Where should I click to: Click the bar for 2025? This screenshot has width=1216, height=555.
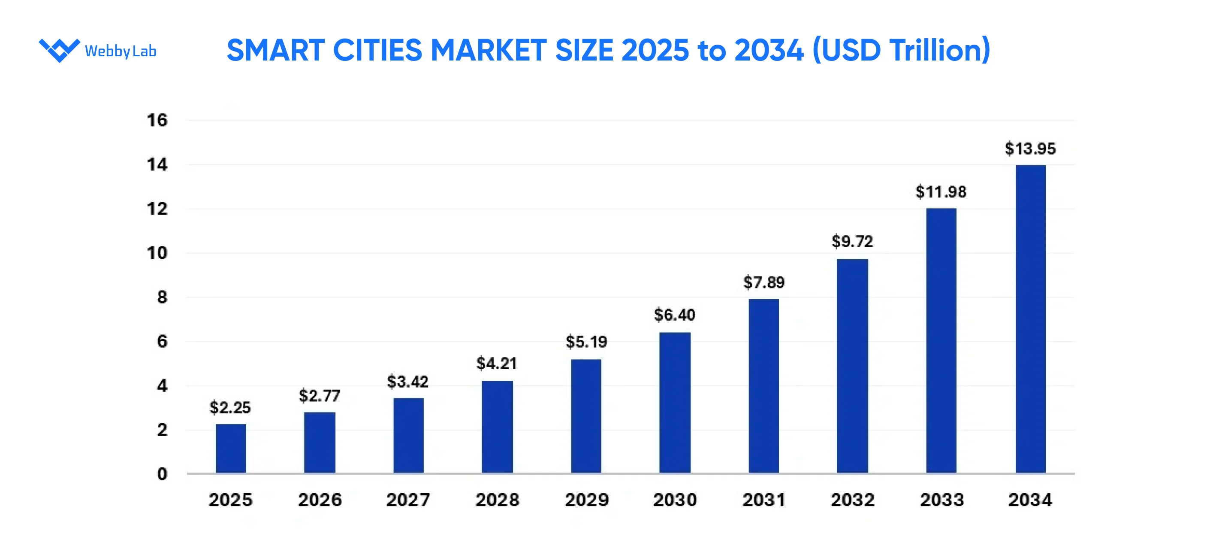click(231, 449)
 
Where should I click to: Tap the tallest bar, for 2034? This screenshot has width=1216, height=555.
click(1030, 319)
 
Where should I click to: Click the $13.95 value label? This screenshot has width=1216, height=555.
click(1030, 149)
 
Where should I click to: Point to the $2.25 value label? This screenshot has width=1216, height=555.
click(230, 408)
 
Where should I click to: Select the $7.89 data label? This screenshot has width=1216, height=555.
click(764, 282)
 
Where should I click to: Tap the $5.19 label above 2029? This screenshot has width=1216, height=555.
click(586, 342)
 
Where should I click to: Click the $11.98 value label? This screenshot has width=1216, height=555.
click(941, 192)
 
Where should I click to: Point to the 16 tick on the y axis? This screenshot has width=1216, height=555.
click(157, 121)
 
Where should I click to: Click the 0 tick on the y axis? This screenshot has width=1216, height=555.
click(162, 474)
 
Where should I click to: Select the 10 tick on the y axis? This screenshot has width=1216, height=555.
click(157, 253)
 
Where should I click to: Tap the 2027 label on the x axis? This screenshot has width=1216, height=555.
click(408, 500)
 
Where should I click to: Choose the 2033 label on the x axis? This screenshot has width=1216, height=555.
click(942, 500)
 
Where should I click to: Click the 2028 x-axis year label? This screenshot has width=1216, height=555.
click(497, 500)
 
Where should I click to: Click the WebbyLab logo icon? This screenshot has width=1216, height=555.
click(60, 50)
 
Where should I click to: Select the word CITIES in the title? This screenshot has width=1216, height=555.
click(377, 50)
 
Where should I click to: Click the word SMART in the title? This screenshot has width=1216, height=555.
click(276, 50)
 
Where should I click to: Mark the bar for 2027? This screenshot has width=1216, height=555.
click(408, 436)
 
